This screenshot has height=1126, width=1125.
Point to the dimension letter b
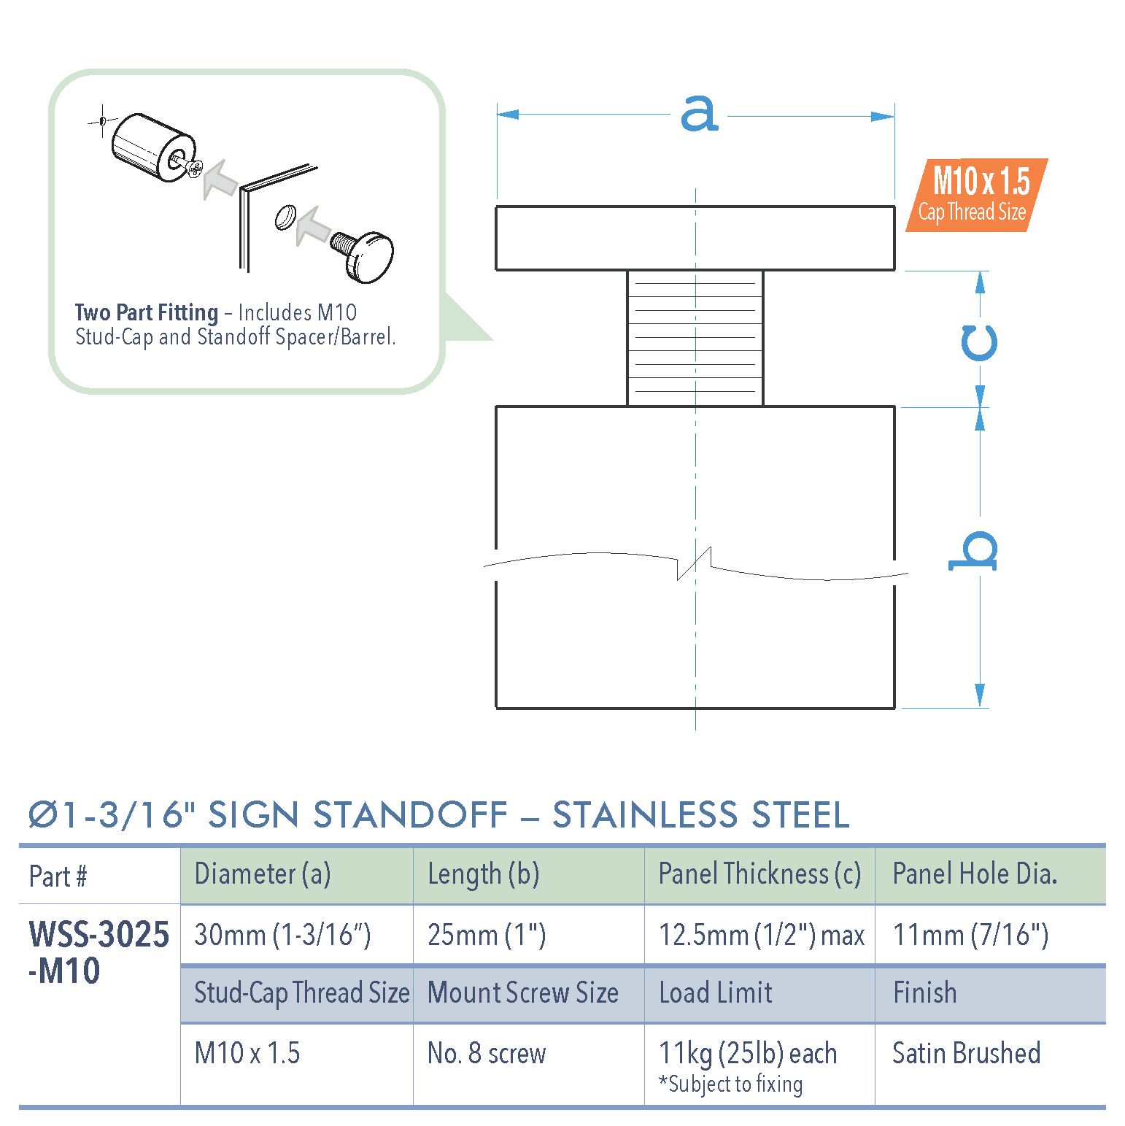pos(974,552)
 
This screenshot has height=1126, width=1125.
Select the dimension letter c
pos(978,342)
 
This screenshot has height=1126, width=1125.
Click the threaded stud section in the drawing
pos(695,338)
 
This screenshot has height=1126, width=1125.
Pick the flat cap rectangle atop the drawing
pos(695,239)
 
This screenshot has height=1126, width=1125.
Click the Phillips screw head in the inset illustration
pos(195,169)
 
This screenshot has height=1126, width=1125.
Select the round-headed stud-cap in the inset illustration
pos(368,255)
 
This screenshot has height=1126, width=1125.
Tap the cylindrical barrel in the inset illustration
pos(150,144)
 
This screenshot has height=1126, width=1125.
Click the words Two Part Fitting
pos(146,313)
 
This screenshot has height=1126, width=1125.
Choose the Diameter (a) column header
pos(263,874)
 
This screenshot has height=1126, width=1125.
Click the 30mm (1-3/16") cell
pos(282,935)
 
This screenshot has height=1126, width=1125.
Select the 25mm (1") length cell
pos(487,935)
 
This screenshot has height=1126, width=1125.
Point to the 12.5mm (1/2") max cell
pos(761,935)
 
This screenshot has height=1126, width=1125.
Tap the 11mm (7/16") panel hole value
pos(970,935)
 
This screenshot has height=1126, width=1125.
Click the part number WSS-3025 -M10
pos(98,952)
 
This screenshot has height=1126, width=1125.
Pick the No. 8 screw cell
pos(487,1053)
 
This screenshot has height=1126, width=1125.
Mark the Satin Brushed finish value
pos(966,1053)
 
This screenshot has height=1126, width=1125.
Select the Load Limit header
pos(716,993)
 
